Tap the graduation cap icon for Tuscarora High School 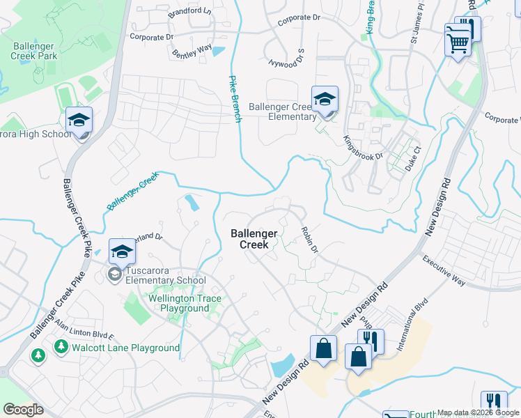[x=79, y=121]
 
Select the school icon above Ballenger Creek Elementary [x=325, y=100]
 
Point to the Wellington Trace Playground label [x=185, y=303]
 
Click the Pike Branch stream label [x=235, y=100]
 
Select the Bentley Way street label [x=192, y=50]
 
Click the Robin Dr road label [x=310, y=239]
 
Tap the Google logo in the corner [x=24, y=410]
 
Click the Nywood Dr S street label [x=286, y=54]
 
